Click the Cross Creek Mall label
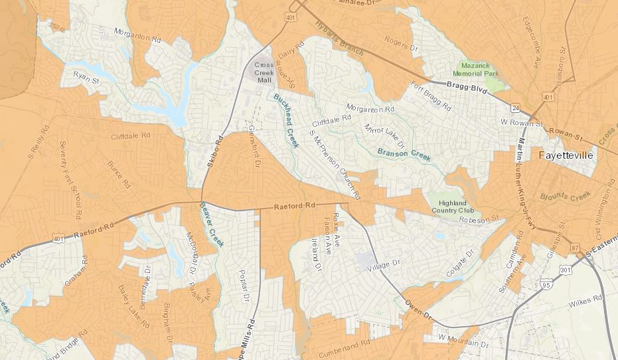pos(265,72)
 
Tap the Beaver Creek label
pos(212,225)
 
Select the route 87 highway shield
pos(574,248)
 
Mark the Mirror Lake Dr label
pos(384,135)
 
